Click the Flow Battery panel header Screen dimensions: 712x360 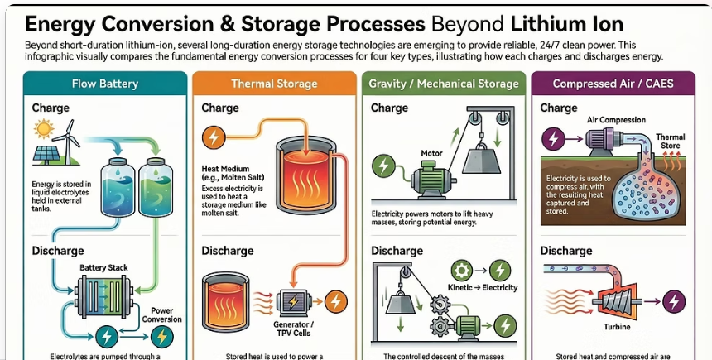(105, 84)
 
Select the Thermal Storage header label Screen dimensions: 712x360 (274, 84)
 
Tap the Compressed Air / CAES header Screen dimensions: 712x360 (613, 84)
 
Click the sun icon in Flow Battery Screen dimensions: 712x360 (44, 129)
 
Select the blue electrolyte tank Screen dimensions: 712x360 (118, 187)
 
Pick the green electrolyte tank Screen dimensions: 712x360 (156, 187)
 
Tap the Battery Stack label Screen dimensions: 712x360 (103, 267)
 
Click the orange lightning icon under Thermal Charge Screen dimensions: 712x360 (213, 137)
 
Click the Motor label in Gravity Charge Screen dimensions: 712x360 (431, 153)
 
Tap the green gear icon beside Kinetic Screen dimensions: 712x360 (462, 271)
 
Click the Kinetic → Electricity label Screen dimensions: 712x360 (482, 287)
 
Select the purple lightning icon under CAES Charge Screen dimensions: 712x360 (553, 138)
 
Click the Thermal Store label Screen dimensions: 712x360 (671, 142)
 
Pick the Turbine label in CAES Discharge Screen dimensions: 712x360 (617, 326)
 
